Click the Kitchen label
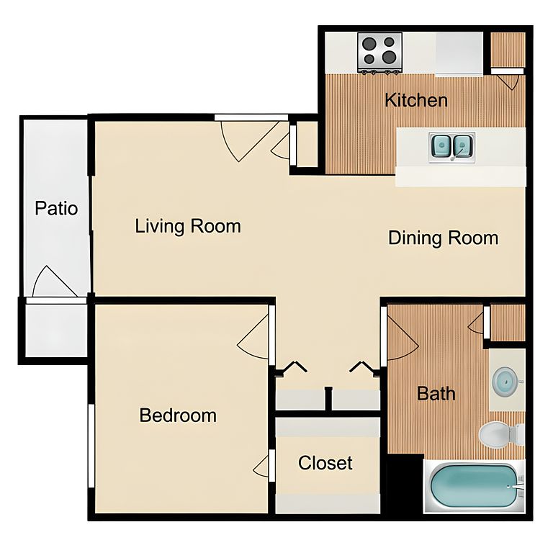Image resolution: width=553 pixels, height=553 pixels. [416, 100]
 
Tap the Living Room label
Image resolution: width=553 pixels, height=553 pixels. [188, 226]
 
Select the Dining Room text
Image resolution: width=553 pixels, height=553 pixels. [444, 238]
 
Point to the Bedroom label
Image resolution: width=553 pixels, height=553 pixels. [178, 415]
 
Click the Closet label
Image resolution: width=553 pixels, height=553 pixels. [325, 463]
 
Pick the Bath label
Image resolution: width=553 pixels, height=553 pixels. [436, 393]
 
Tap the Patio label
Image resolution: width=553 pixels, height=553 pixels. [56, 208]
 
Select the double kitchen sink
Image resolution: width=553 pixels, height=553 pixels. [451, 148]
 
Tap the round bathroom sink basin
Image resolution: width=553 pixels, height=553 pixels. [505, 381]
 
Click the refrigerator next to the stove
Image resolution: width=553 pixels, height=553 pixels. [459, 54]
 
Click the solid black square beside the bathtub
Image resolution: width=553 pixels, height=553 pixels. [405, 484]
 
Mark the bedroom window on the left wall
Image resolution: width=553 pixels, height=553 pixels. [91, 446]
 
